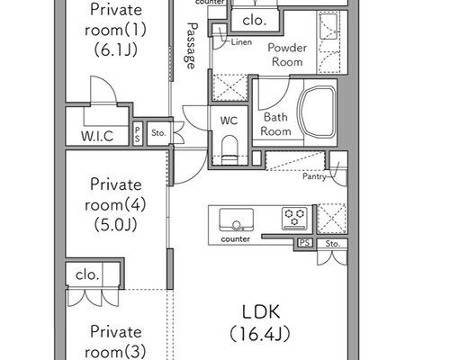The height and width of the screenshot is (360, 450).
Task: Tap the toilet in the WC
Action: click(x=230, y=150)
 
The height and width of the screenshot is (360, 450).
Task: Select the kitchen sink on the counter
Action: click(x=237, y=220)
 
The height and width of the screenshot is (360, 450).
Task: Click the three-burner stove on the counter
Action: click(x=294, y=219)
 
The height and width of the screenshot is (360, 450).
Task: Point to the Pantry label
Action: click(x=314, y=176)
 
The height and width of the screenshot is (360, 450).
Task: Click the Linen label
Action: click(x=241, y=42)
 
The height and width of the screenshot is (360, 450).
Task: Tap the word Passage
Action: click(x=190, y=46)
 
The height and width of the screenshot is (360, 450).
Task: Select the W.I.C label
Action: click(x=97, y=136)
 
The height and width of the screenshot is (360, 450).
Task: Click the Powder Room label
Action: click(x=287, y=55)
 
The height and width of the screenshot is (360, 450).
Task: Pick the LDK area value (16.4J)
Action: click(x=260, y=334)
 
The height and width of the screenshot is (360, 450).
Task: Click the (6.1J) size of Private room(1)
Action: click(x=116, y=49)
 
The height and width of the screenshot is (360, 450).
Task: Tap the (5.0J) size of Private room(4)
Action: click(x=116, y=224)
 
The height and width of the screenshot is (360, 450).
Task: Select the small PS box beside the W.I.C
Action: click(x=138, y=133)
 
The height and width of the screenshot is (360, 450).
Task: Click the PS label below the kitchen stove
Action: click(x=305, y=243)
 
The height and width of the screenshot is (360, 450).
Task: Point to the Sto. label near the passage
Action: click(x=158, y=132)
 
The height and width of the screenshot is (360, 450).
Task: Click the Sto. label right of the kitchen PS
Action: click(x=332, y=244)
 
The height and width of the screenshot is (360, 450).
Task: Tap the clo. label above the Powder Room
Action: click(x=255, y=21)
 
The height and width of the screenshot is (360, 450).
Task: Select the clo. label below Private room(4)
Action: click(x=87, y=274)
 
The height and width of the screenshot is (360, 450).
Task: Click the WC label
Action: click(x=229, y=121)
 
